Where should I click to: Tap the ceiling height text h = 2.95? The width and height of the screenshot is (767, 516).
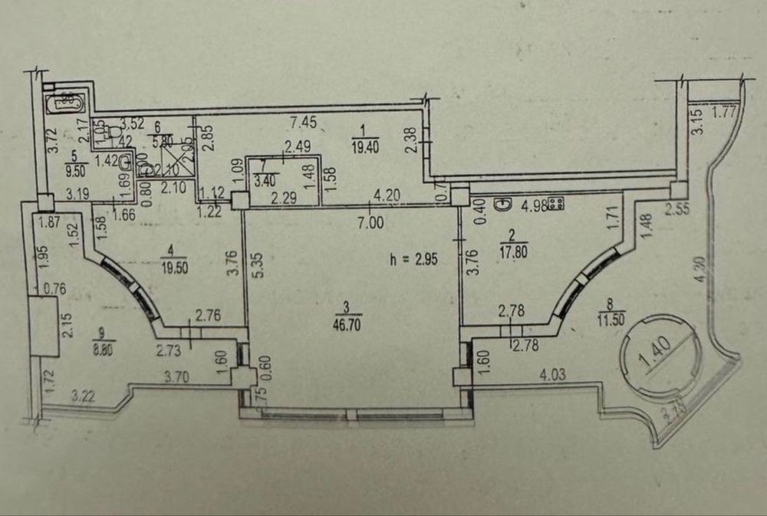point(414,260)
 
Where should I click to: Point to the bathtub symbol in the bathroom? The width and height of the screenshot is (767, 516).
point(64,101)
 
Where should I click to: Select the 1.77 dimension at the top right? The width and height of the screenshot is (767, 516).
point(724,114)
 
